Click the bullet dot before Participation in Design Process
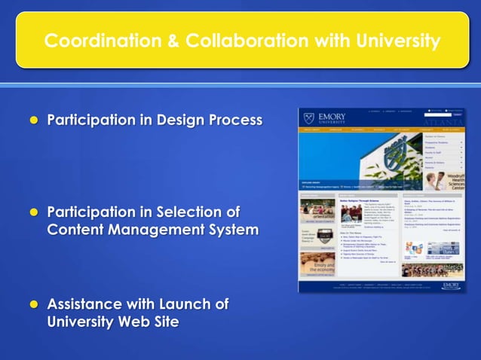(x=32, y=120)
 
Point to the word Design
(x=181, y=120)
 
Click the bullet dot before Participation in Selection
(x=32, y=212)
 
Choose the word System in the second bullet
(x=233, y=230)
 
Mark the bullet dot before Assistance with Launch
(x=32, y=305)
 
